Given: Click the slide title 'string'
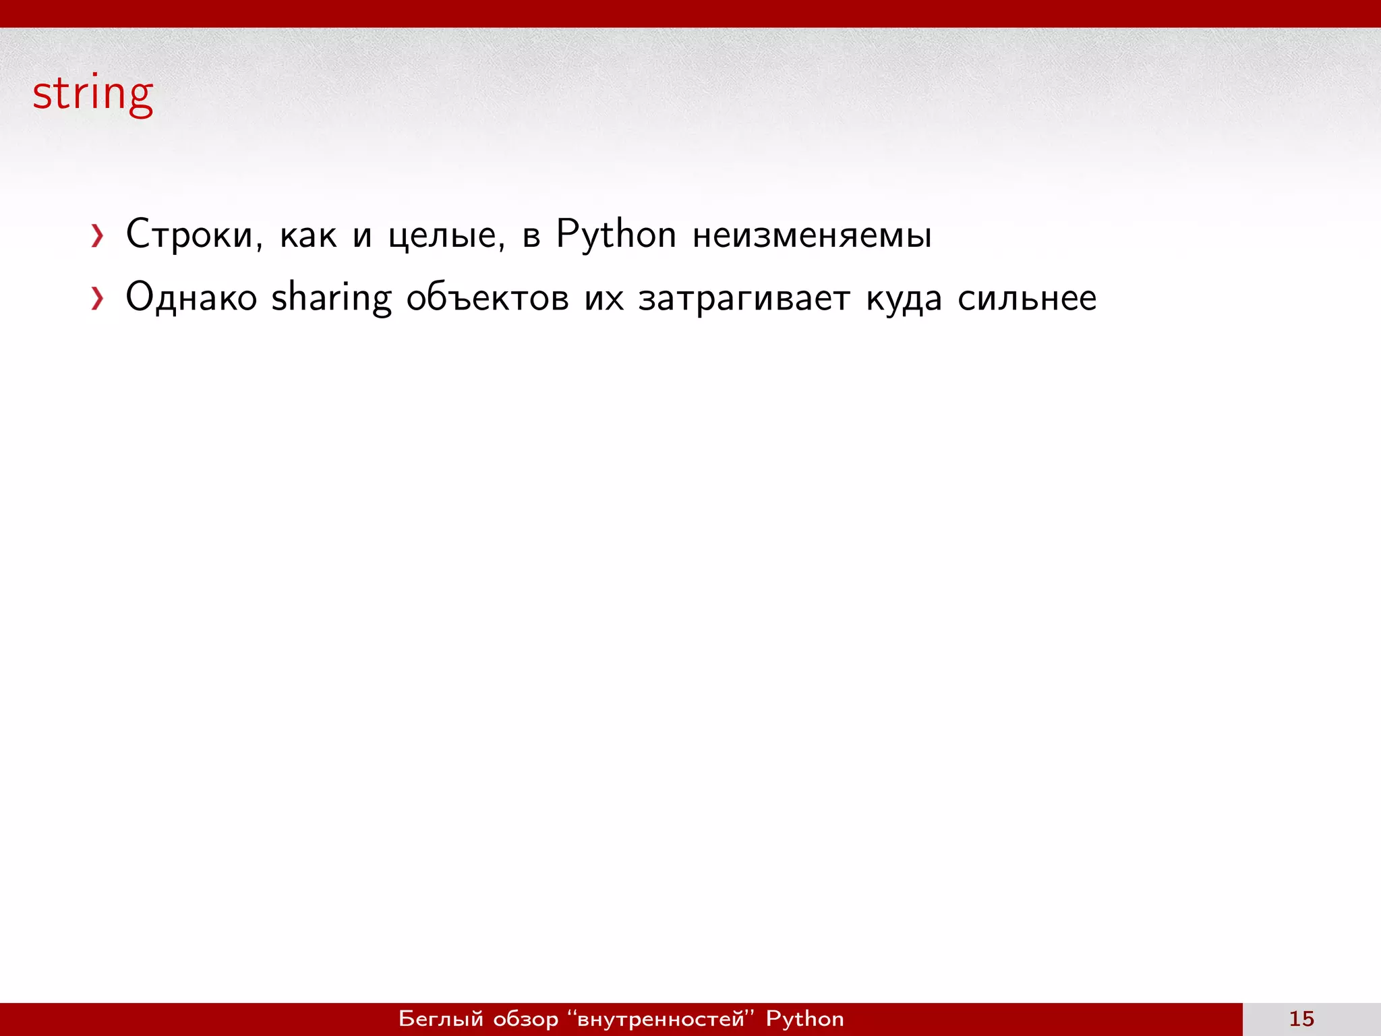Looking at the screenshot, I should click(93, 94).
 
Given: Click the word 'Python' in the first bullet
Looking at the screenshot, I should click(616, 235).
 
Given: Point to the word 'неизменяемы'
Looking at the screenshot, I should click(812, 235).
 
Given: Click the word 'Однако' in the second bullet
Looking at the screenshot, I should click(192, 297).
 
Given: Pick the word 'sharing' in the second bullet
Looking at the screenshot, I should click(331, 297).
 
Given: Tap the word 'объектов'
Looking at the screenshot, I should click(488, 297).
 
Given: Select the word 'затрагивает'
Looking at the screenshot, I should click(744, 297).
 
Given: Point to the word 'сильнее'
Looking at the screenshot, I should click(1027, 297).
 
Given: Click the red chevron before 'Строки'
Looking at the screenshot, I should click(98, 236).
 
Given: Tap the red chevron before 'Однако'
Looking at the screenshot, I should click(98, 299).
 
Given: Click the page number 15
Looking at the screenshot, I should click(1301, 1018).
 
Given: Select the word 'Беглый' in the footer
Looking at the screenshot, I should click(441, 1018).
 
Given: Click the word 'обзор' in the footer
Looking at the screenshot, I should click(526, 1018).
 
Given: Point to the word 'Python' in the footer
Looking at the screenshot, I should click(804, 1018).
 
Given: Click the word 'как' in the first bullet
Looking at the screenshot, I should click(308, 235).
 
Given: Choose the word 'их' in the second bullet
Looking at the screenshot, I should click(604, 297).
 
